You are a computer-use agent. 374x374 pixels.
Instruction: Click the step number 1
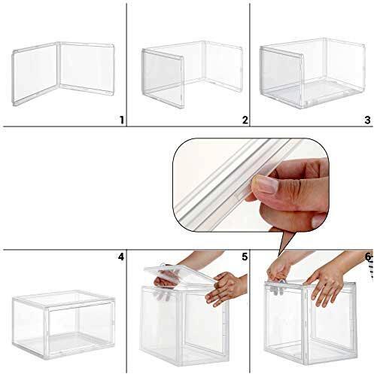[x=120, y=120]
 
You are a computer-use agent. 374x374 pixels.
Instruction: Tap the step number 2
[x=245, y=120]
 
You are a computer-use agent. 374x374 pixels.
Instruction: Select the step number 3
[x=367, y=120]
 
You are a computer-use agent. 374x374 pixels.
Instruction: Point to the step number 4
[x=120, y=257]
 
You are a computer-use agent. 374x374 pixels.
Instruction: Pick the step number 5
[x=245, y=257]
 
